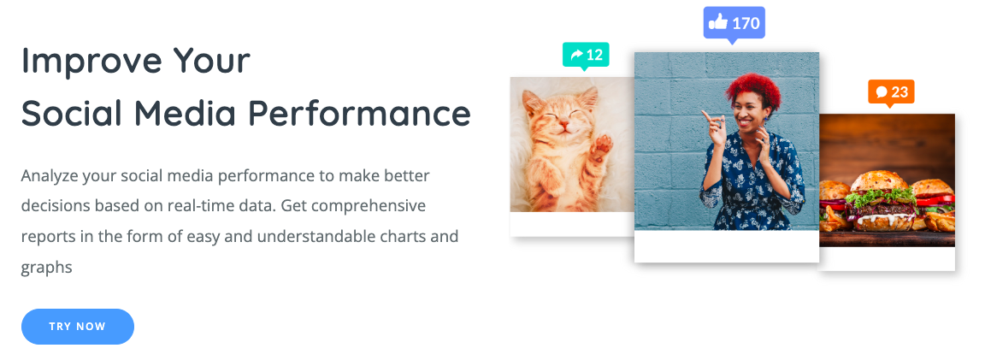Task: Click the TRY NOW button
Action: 78,327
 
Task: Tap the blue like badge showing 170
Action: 734,24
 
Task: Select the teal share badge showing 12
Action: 586,56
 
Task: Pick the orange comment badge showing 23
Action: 891,93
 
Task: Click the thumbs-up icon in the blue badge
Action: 718,23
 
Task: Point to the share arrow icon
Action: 576,55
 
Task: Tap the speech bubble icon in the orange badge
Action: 882,92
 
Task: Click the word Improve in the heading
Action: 91,62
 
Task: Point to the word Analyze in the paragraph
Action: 49,176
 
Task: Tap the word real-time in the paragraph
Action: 240,206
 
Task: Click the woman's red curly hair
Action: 752,91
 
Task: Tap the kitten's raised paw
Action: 602,146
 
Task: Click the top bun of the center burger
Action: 881,181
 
